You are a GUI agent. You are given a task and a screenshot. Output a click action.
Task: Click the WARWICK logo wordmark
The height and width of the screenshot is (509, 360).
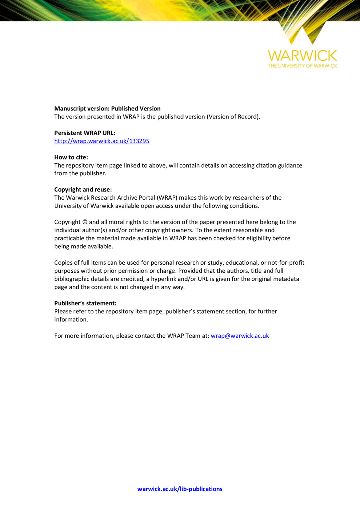[302, 56]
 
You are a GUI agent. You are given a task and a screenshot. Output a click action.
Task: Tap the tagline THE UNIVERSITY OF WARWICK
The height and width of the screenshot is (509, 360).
[302, 66]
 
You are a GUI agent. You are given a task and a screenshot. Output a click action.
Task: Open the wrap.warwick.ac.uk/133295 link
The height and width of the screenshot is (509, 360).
[102, 141]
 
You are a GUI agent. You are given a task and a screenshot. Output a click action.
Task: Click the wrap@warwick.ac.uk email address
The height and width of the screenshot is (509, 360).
[240, 336]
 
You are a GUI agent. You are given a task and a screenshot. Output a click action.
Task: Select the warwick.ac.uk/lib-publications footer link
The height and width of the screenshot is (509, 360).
[180, 489]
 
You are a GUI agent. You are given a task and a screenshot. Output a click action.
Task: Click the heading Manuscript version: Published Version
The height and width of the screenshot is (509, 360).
[107, 108]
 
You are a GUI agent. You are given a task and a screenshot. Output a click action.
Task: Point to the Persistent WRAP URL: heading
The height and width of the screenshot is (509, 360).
[85, 133]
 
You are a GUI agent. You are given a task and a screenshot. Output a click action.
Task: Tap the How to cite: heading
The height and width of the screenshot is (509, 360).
[71, 157]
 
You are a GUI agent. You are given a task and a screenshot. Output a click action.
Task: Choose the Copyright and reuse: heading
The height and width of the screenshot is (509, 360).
[83, 189]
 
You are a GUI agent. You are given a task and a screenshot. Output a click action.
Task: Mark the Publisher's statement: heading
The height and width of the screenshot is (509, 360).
[85, 303]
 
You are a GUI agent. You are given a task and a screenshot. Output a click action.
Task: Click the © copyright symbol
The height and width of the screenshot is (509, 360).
[85, 222]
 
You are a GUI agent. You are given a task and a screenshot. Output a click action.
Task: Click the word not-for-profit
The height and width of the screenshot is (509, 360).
[286, 262]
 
